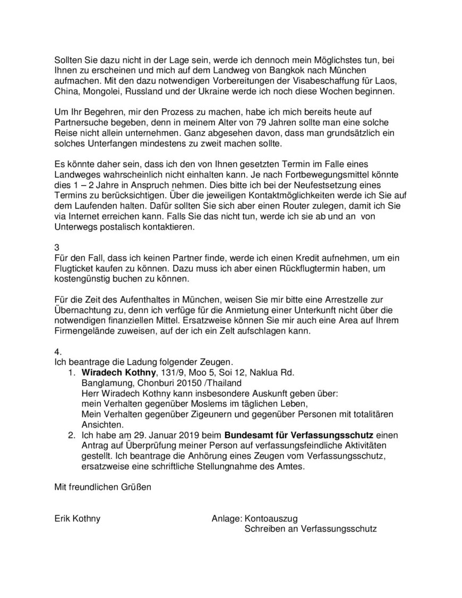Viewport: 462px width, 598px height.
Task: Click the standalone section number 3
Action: pyautogui.click(x=57, y=247)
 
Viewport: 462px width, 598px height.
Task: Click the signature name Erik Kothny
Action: pyautogui.click(x=77, y=518)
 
